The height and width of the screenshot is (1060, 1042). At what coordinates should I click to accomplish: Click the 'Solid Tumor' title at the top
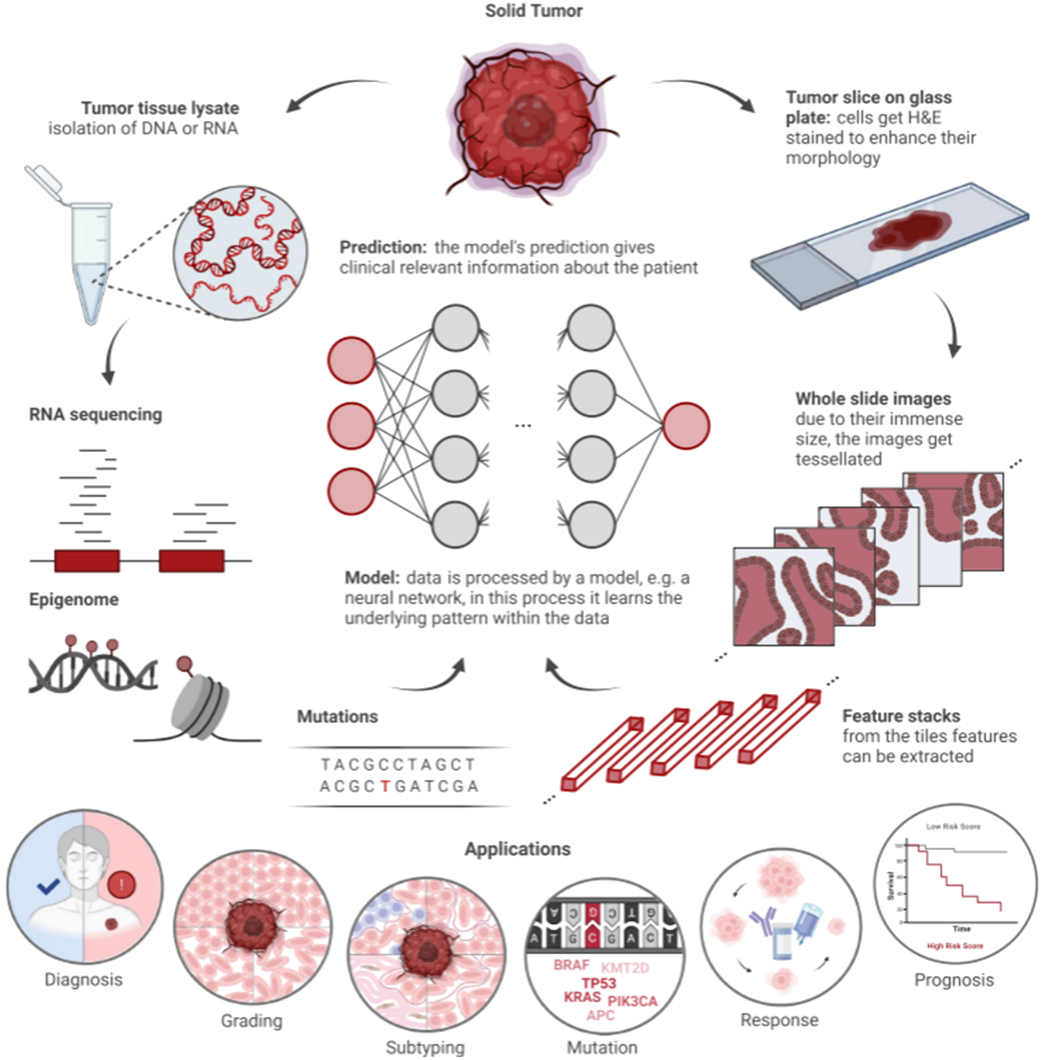point(533,11)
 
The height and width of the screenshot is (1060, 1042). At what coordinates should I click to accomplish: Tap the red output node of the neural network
point(686,426)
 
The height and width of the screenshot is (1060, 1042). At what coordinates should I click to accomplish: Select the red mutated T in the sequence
point(385,786)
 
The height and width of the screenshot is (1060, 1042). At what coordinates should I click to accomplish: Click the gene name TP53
point(599,983)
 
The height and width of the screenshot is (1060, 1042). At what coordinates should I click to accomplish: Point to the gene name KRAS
point(582,997)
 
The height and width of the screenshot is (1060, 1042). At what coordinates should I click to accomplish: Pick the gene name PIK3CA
point(632,1001)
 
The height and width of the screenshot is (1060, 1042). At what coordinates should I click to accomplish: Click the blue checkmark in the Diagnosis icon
point(49,887)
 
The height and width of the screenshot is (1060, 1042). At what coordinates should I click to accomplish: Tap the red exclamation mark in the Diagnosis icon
point(122,886)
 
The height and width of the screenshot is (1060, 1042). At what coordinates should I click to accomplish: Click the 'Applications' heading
point(517,849)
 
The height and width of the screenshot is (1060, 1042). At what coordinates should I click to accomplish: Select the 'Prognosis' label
point(954,979)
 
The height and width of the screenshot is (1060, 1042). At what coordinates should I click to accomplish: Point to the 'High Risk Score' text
point(955,946)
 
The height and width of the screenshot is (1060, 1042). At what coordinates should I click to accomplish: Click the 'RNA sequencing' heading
point(95,414)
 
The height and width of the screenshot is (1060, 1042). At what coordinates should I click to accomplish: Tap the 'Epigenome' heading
point(74,599)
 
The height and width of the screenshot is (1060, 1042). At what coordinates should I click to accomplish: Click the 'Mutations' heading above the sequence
point(337,716)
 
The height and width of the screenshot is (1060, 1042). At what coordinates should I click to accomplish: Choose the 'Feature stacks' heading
point(901,716)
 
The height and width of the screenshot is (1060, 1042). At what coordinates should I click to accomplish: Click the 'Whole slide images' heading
point(873,398)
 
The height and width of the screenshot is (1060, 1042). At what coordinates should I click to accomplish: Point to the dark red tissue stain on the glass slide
point(910,228)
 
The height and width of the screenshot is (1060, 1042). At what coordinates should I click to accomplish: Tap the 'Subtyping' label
point(425,1047)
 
